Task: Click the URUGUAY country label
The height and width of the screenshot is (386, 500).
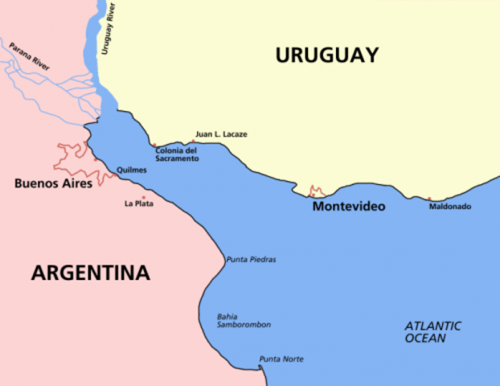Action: coord(326,55)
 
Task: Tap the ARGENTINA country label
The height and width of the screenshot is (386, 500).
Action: coord(90,273)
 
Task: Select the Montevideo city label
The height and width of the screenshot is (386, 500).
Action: coord(348,207)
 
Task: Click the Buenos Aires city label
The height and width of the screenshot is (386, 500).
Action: coord(53,183)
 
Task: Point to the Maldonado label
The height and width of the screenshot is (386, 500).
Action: coord(449,207)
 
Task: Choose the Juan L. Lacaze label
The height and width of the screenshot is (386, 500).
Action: coord(221,134)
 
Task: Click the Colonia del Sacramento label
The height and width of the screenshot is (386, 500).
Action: coord(177,154)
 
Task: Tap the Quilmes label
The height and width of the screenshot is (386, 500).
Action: coord(132,170)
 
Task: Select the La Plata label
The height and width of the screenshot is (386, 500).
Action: coord(138,204)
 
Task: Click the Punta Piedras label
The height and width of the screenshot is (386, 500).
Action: coord(251,260)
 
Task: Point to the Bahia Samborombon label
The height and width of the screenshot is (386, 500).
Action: coord(243,320)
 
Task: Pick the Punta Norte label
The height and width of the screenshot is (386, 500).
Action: coord(281,359)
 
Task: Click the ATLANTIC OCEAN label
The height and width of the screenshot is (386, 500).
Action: coord(432,331)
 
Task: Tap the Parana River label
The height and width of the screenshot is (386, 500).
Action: coord(30,57)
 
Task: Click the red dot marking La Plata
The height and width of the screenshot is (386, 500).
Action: coord(144,197)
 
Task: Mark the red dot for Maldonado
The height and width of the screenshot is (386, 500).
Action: coord(428,199)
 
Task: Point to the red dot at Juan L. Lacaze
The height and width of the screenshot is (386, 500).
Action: coord(193,141)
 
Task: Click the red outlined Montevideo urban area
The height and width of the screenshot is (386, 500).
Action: coord(318,191)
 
